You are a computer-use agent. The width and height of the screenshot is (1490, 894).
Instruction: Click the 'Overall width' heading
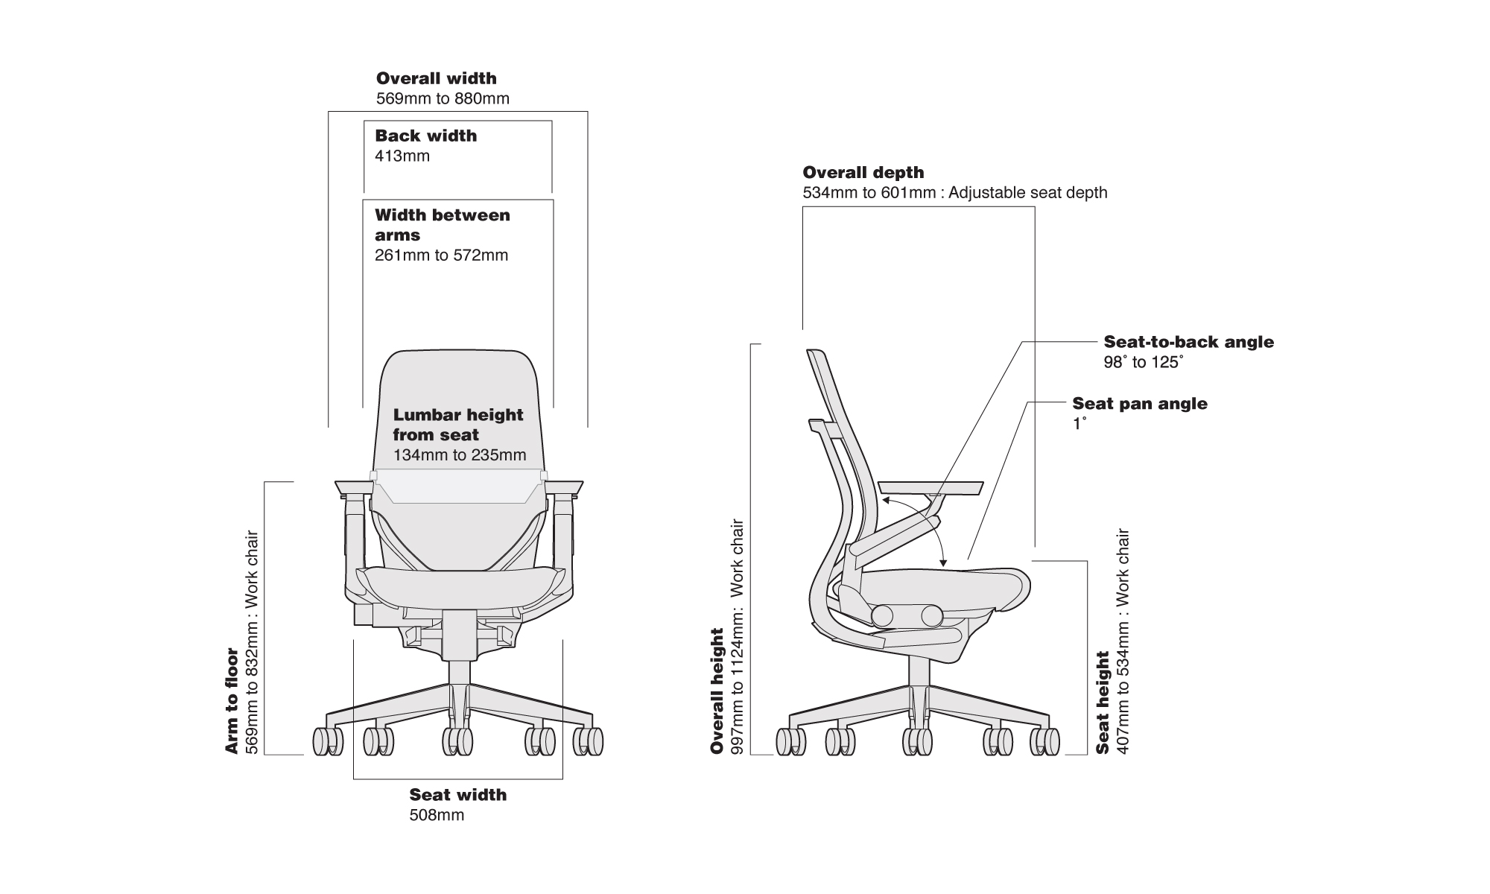[436, 78]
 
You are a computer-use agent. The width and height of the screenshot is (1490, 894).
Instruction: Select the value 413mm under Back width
[402, 156]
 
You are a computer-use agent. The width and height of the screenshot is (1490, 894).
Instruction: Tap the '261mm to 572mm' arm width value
[441, 256]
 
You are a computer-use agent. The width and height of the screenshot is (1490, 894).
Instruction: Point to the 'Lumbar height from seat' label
[457, 425]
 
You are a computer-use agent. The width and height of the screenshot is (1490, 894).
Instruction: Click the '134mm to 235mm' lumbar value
[459, 455]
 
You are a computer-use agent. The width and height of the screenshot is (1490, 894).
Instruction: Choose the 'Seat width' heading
[457, 795]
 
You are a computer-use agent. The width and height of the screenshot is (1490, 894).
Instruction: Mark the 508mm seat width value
[437, 815]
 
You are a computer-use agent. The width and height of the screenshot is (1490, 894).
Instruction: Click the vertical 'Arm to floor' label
[232, 700]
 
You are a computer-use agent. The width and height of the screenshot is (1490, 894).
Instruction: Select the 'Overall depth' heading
[863, 173]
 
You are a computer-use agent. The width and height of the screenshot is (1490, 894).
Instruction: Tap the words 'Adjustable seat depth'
[1028, 193]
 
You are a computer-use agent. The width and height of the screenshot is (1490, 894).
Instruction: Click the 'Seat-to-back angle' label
[1188, 342]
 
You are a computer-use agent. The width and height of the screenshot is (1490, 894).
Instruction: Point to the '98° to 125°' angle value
[1143, 363]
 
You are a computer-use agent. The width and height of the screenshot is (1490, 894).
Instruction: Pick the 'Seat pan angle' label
[1139, 404]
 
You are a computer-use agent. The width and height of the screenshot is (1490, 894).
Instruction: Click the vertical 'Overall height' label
[717, 691]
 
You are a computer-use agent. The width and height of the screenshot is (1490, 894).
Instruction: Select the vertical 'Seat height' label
[1103, 702]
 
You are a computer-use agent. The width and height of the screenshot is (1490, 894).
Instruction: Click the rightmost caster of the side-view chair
[1045, 741]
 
